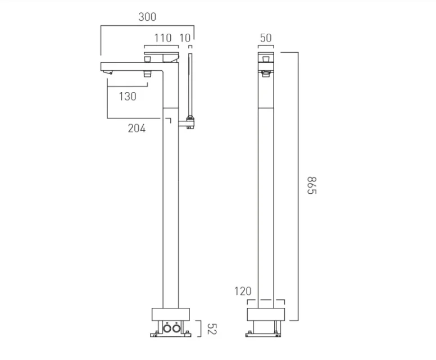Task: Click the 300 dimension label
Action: (x=147, y=17)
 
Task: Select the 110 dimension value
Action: (x=162, y=38)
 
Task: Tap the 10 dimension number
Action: (x=185, y=38)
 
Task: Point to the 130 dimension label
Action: (x=128, y=96)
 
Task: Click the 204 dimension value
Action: (x=137, y=129)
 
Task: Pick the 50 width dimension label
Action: (x=266, y=38)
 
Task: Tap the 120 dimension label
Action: (x=243, y=291)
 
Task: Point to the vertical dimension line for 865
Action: (x=298, y=185)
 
